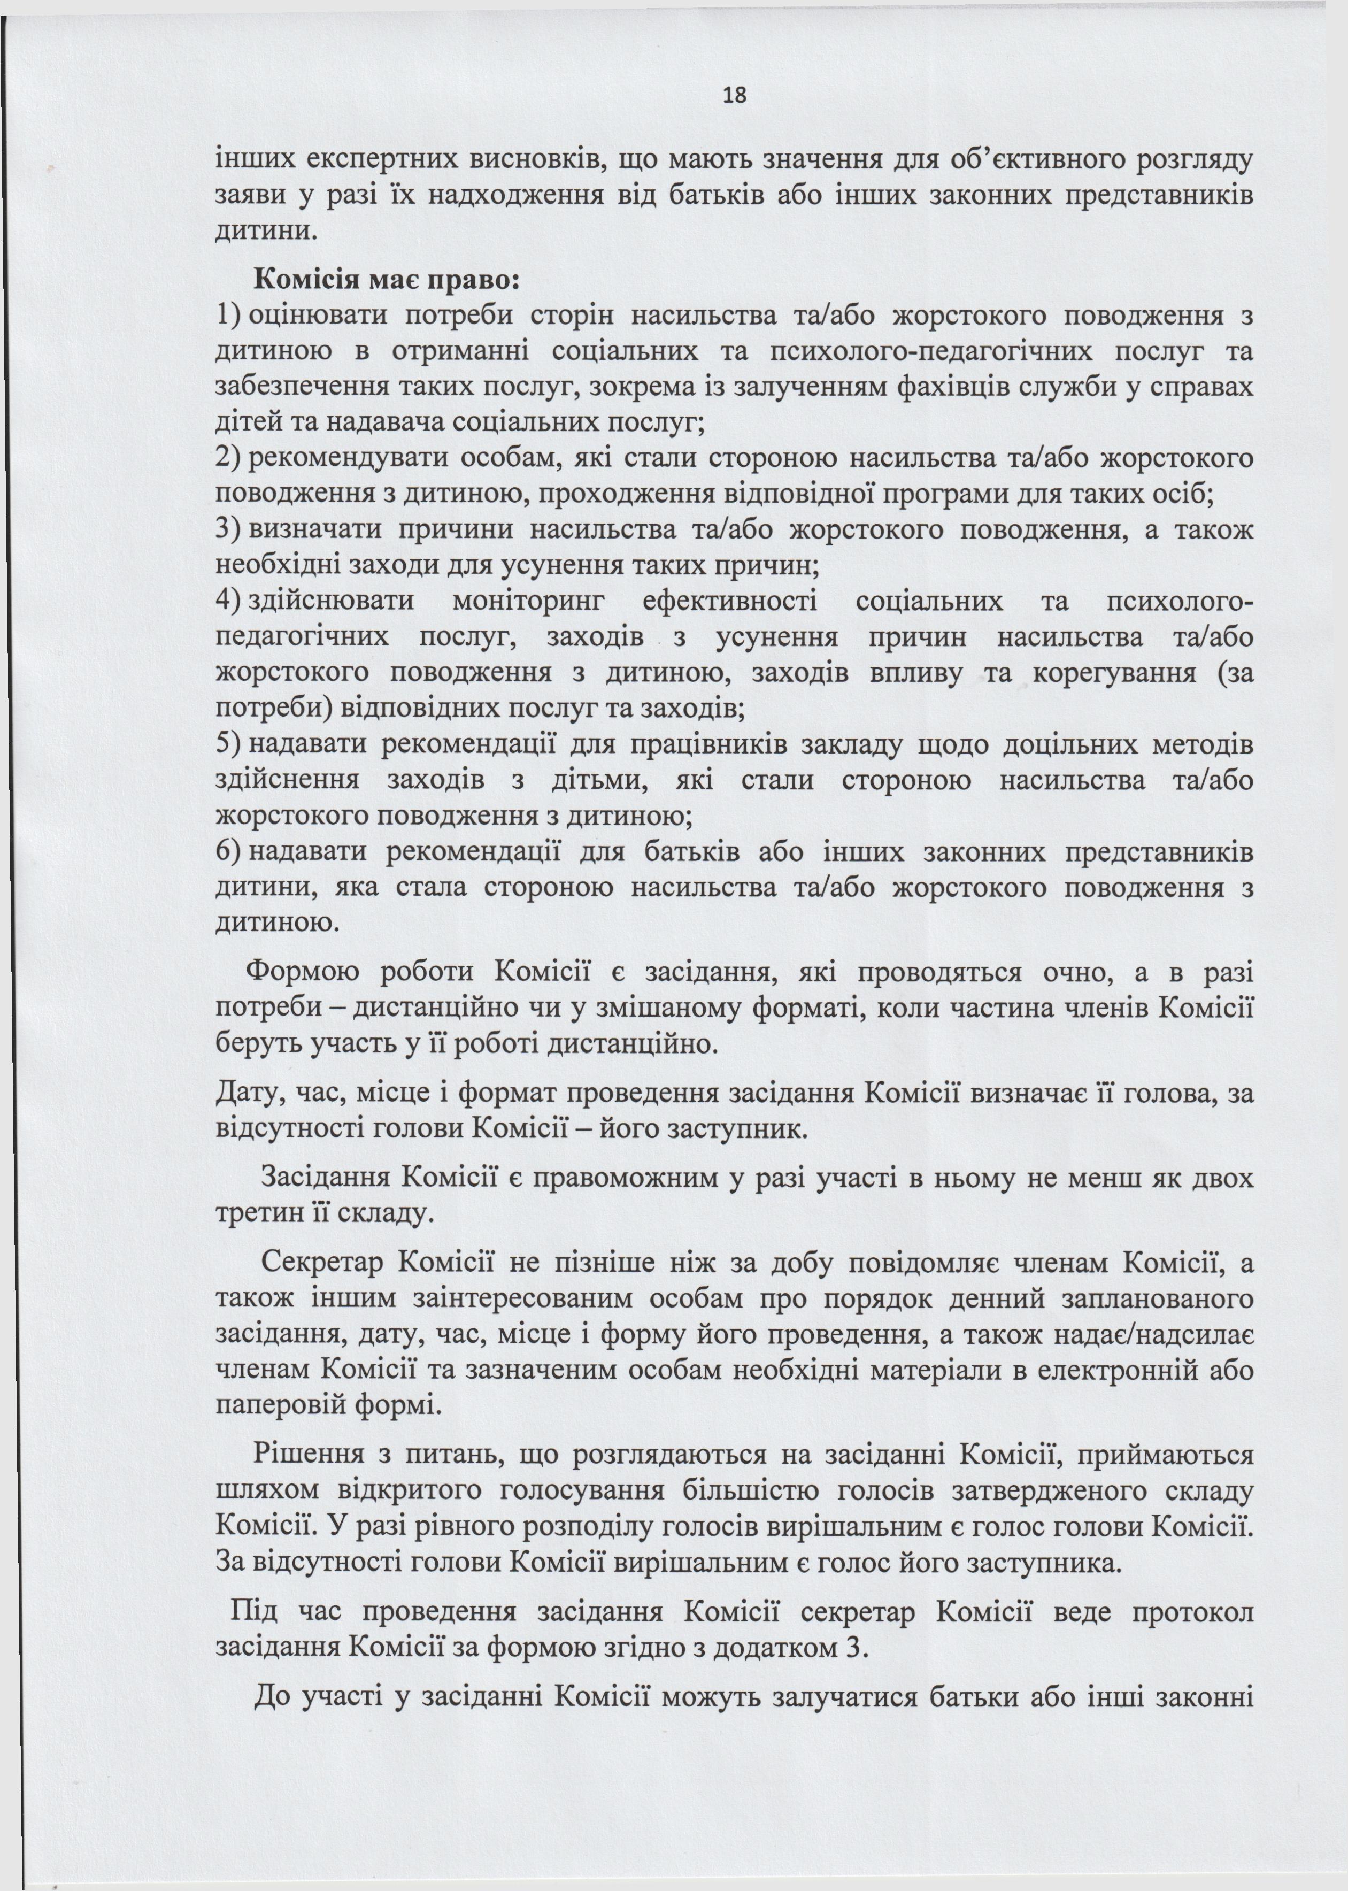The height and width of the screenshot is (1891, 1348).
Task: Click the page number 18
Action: point(735,96)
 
